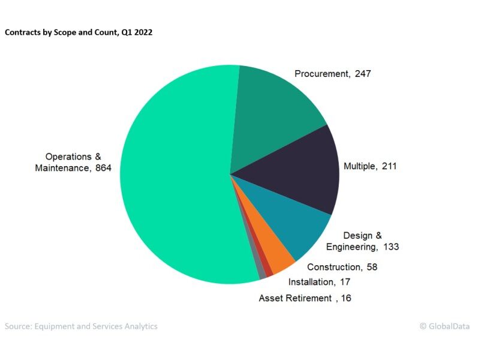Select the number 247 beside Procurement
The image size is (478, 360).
point(363,74)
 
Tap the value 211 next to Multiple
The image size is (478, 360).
point(389,166)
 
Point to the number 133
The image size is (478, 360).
point(391,247)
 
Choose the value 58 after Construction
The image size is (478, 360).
point(371,267)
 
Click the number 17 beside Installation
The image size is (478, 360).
point(345,282)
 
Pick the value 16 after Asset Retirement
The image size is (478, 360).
point(345,298)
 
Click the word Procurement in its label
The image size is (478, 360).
point(321,74)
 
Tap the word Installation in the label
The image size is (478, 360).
point(310,282)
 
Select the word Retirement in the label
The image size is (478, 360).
point(309,298)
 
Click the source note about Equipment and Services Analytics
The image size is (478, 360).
point(81,326)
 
